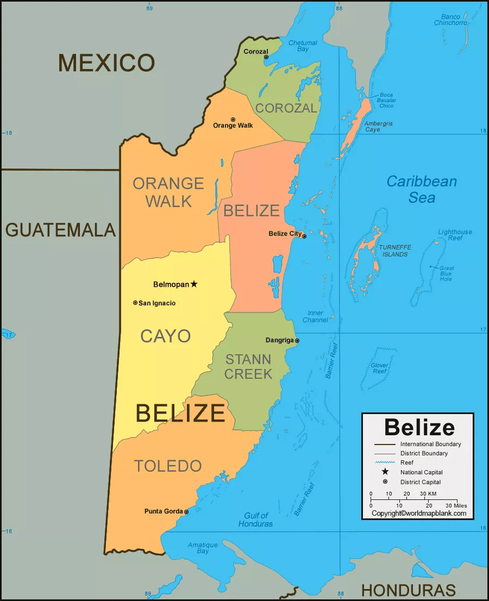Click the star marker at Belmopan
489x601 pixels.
pos(194,284)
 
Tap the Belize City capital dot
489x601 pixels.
pos(304,236)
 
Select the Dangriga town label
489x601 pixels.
pos(279,341)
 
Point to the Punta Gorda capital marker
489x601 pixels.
pos(186,512)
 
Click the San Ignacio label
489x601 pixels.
pos(156,303)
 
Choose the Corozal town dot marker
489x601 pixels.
pos(266,57)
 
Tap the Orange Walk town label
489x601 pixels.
pos(233,126)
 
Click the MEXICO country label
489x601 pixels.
pos(106,63)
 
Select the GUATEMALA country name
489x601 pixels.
pos(60,230)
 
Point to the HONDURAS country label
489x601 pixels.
pos(409,590)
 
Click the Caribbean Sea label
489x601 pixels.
pos(422,189)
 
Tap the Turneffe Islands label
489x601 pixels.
pos(395,251)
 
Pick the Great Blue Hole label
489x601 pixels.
pos(447,273)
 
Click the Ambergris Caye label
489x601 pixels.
pos(379,127)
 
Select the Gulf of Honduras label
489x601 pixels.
pos(255,520)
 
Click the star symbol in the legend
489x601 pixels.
pos(385,472)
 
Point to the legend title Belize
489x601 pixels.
pos(419,427)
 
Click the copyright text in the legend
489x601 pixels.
pos(418,513)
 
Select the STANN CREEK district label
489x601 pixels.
pos(248,366)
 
